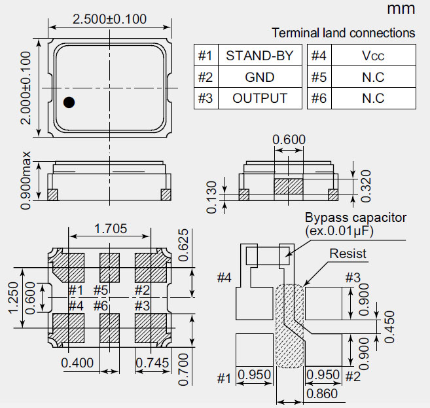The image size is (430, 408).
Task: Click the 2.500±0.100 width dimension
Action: point(109,20)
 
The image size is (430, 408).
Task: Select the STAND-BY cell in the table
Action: point(259,56)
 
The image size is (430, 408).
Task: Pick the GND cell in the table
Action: point(259,77)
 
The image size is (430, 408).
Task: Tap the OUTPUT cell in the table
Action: point(259,99)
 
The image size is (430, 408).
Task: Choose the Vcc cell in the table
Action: point(372,56)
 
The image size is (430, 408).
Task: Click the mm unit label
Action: point(401,9)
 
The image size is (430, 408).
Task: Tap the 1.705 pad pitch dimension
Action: point(111,229)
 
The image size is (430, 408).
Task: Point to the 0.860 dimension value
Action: point(322,394)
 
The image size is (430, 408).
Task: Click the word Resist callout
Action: point(348,253)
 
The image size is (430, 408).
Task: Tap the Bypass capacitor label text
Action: point(355,217)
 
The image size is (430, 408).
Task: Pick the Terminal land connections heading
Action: point(343,33)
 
